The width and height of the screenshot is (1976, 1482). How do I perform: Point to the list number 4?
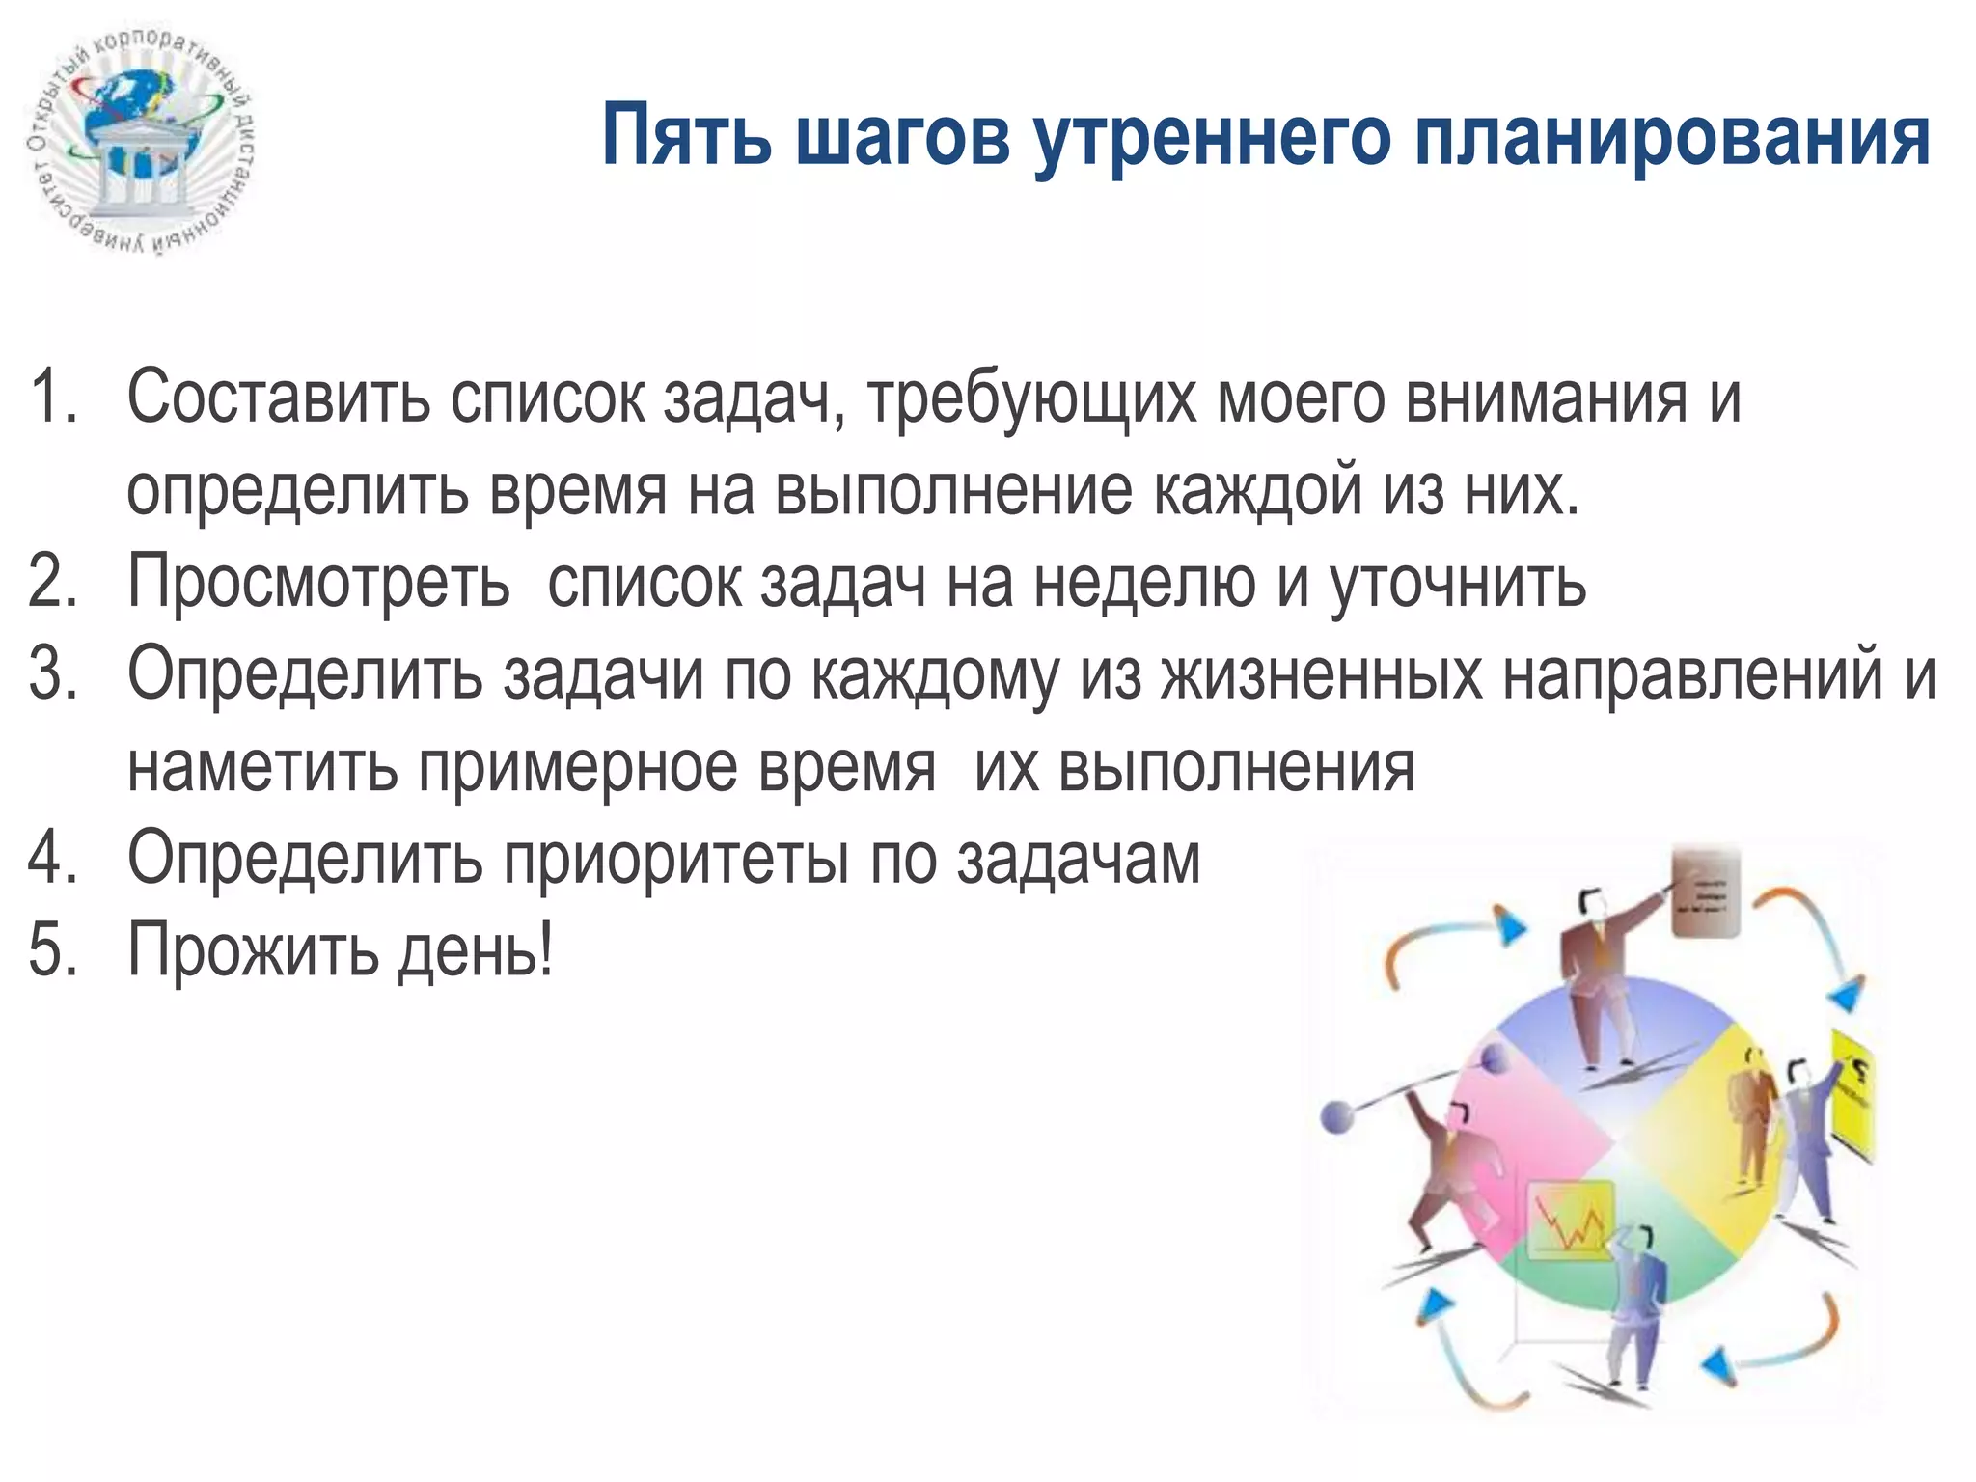tap(52, 858)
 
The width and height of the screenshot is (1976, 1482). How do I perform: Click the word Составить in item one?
tap(279, 398)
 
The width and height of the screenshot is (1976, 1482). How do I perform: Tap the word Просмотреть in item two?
tap(318, 583)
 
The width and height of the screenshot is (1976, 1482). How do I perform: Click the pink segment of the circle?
tap(1524, 1139)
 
